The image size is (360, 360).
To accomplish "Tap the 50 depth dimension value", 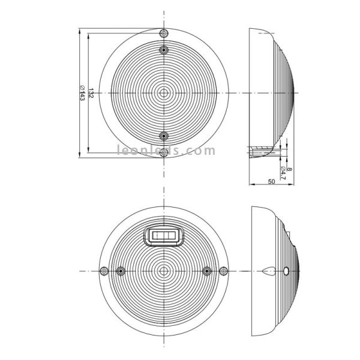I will [x=271, y=181].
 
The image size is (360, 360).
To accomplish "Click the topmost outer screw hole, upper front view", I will [x=164, y=32].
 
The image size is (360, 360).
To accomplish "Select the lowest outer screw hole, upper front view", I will [x=164, y=154].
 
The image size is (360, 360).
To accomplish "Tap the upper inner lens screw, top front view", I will [x=164, y=50].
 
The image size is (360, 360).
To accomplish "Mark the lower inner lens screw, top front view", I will [x=164, y=136].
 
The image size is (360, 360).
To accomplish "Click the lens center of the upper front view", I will [x=164, y=93].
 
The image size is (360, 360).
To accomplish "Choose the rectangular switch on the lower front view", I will [x=164, y=236].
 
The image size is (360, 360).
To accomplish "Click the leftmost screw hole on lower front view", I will [x=103, y=271].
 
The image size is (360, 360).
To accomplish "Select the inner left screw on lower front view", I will [x=121, y=271].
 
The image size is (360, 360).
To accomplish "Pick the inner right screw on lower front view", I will [x=208, y=271].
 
